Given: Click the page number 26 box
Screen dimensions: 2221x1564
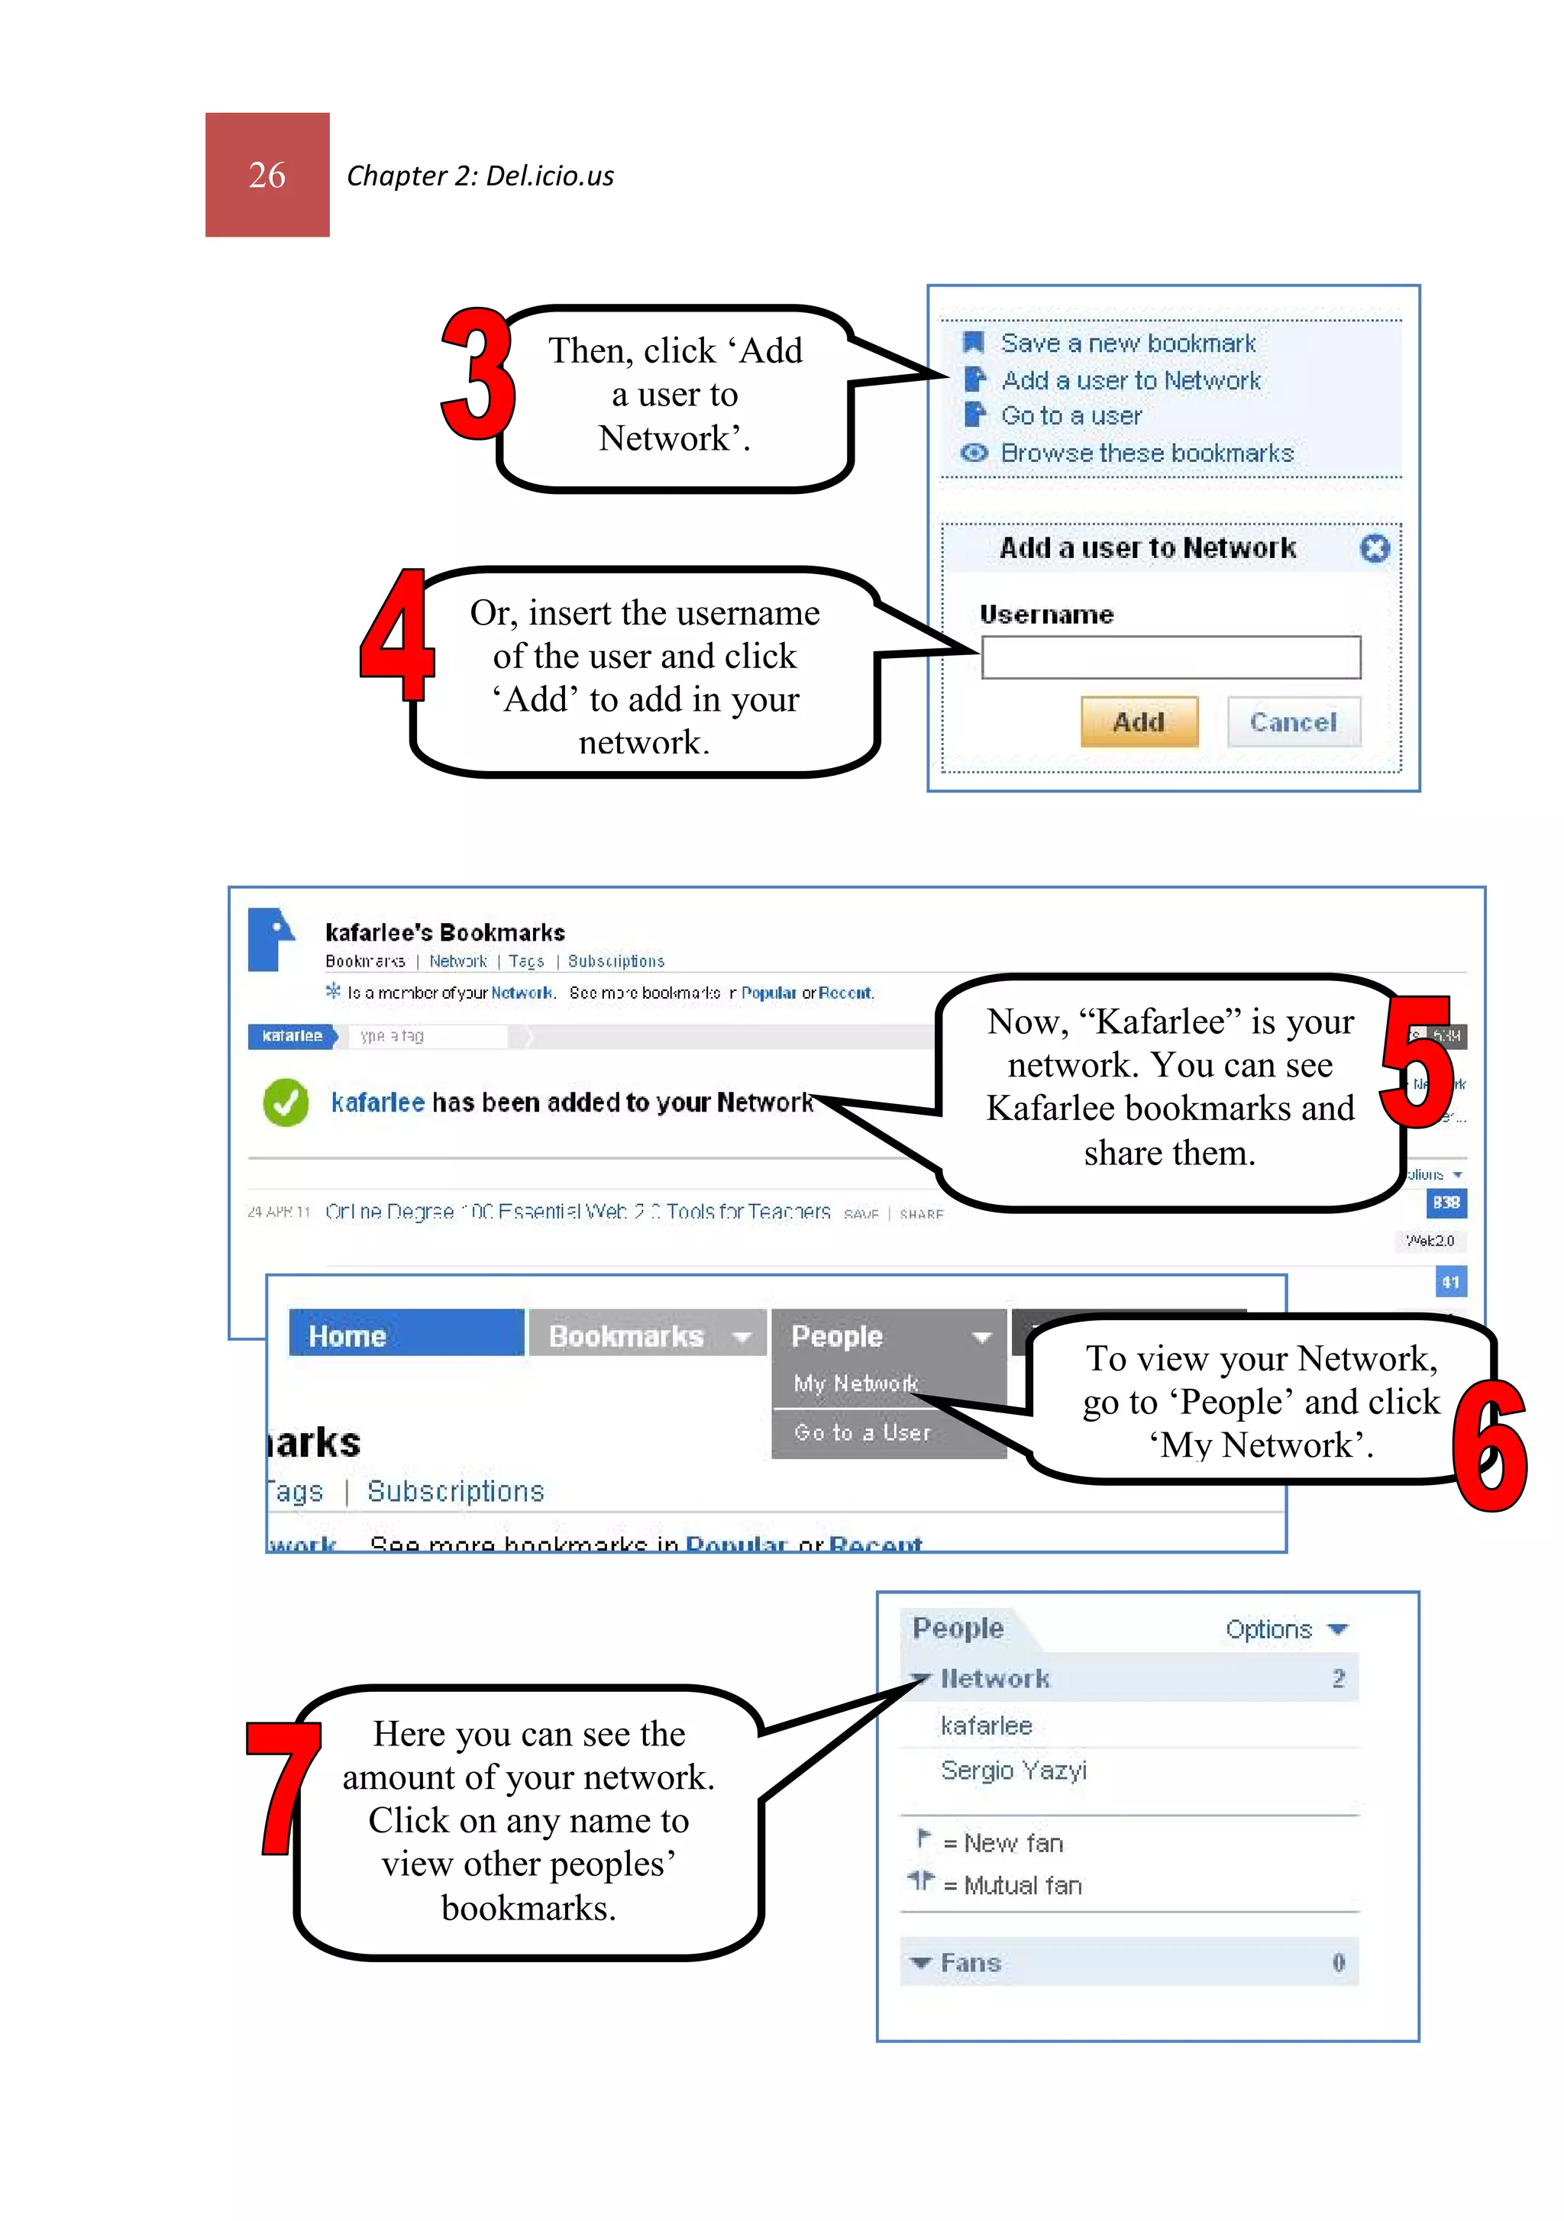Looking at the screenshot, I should [267, 175].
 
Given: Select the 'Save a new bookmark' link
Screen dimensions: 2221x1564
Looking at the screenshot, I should [1126, 344].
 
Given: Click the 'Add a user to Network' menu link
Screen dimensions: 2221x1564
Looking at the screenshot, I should [1129, 381].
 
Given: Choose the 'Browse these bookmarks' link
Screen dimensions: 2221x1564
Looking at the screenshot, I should [1146, 454].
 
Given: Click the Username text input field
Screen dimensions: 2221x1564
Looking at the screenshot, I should [1170, 658].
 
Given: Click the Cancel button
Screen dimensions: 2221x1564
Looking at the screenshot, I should [1292, 722].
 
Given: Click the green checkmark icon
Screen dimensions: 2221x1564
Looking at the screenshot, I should [286, 1102].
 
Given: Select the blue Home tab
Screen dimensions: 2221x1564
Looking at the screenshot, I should [406, 1336].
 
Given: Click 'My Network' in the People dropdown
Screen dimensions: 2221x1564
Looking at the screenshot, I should [855, 1384].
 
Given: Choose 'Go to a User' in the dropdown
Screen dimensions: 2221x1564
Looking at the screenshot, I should [862, 1432].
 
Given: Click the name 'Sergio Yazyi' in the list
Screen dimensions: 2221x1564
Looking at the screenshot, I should [1013, 1771].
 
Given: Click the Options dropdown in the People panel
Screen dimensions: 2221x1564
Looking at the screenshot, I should [1285, 1630].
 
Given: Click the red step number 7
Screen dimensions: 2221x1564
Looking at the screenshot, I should [282, 1789].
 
